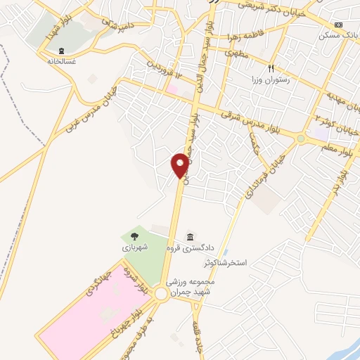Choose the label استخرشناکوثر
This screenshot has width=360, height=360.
[226, 263]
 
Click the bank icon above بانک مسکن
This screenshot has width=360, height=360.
[340, 25]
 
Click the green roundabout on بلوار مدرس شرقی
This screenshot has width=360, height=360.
[301, 139]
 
